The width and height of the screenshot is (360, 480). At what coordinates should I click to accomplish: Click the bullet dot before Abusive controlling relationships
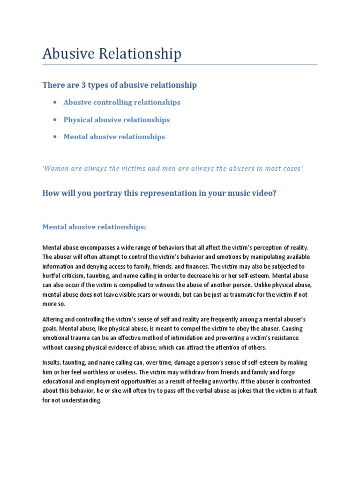point(55,102)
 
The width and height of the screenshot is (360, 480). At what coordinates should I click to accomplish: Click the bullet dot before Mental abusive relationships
point(55,137)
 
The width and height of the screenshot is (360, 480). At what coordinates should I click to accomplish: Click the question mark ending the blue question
point(274,193)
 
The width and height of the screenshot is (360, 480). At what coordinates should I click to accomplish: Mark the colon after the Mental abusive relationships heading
point(145,227)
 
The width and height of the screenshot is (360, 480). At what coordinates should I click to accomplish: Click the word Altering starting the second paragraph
point(53,319)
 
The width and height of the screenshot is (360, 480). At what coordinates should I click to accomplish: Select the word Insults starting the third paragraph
point(52,363)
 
